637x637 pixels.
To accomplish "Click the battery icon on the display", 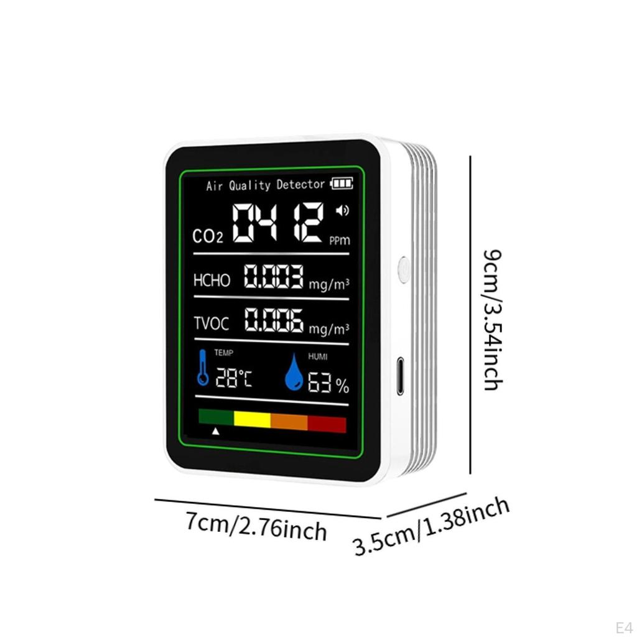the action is click(342, 184).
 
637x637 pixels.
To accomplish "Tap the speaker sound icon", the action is click(342, 211).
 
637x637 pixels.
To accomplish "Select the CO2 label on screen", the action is click(207, 236).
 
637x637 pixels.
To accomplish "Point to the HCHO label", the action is click(212, 280).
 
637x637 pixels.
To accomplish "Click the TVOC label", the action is click(211, 323).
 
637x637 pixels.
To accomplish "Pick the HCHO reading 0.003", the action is click(273, 277).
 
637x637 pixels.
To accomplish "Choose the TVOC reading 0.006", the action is click(273, 320).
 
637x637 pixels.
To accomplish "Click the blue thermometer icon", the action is click(203, 367).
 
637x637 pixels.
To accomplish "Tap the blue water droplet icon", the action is click(294, 372).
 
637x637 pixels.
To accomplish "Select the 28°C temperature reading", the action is click(233, 378).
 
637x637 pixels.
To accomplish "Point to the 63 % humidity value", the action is click(328, 384).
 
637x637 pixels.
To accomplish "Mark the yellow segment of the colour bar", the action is click(252, 419).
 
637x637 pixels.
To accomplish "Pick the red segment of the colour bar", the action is click(327, 424).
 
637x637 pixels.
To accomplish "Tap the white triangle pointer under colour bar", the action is click(215, 430).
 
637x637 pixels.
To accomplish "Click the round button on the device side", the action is click(403, 270).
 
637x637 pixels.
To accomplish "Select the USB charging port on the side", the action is click(400, 376).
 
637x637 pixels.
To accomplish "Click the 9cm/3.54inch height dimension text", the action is click(492, 320).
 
